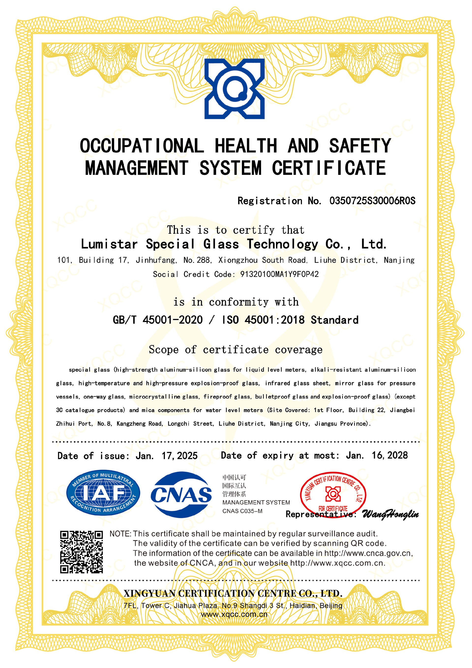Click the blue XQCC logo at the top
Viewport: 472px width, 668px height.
click(234, 89)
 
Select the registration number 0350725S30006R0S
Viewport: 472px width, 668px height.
click(372, 201)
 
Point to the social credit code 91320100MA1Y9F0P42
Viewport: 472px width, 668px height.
click(279, 274)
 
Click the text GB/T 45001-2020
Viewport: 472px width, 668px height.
click(158, 320)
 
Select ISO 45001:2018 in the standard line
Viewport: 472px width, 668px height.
click(263, 320)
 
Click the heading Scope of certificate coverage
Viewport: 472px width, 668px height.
click(236, 349)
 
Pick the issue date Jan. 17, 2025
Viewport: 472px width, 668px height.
click(166, 456)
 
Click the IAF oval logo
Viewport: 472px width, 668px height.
click(103, 493)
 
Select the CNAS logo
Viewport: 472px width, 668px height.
click(181, 495)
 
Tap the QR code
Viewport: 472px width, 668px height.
click(81, 552)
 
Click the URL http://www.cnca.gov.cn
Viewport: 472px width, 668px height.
click(368, 553)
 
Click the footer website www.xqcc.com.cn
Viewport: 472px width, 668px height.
click(234, 614)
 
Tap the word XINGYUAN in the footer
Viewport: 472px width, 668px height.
click(149, 593)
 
